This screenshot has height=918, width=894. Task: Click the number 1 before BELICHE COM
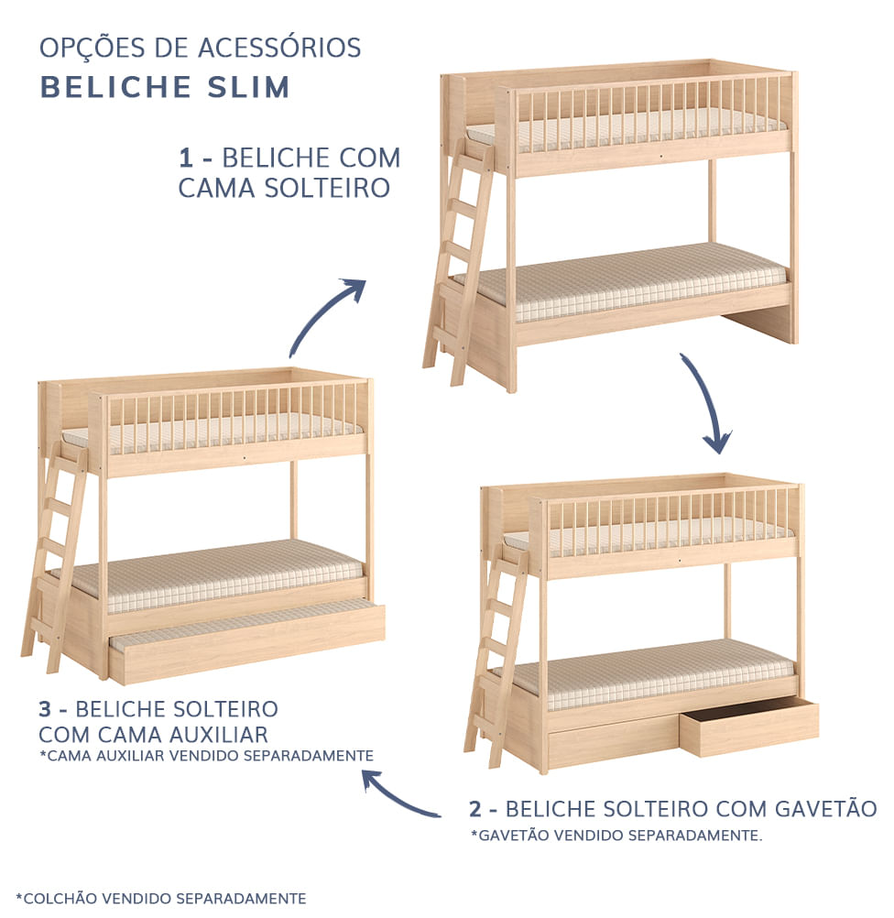(186, 158)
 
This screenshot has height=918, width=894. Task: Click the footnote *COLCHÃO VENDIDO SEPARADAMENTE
(161, 899)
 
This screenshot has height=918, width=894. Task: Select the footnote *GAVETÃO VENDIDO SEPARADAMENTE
(616, 836)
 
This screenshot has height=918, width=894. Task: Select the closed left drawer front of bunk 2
(612, 740)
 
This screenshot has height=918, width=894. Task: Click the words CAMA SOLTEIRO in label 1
(284, 188)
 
